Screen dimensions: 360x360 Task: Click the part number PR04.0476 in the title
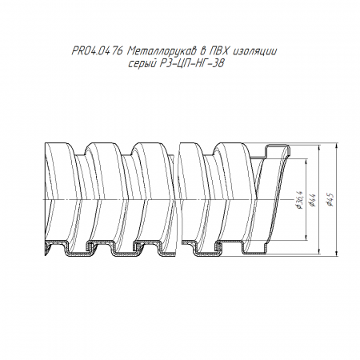point(97,51)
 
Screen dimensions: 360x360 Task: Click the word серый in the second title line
point(142,64)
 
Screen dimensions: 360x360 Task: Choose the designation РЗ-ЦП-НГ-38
point(191,63)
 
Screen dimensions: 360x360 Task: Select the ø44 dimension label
point(312,200)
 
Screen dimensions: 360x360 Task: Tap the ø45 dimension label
point(330,199)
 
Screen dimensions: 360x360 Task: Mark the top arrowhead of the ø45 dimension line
point(337,146)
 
